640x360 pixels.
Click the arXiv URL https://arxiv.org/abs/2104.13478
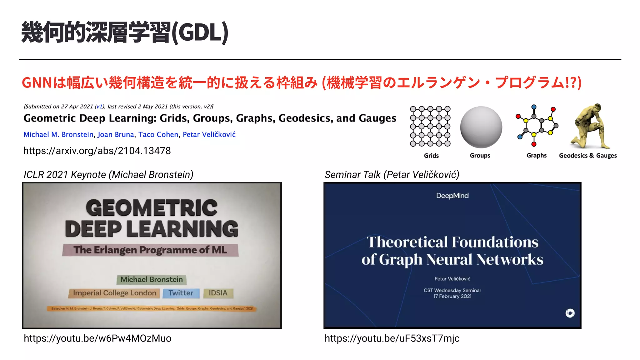(97, 151)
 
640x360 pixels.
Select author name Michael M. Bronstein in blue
(58, 135)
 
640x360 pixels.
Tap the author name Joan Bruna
(116, 135)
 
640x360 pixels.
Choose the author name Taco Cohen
(158, 135)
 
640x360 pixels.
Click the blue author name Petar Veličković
(209, 135)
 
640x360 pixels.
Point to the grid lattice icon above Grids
(430, 126)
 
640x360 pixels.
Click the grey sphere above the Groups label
(481, 127)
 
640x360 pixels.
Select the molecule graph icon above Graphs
(537, 126)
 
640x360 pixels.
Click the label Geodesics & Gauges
(588, 156)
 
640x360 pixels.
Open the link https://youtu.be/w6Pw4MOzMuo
(97, 338)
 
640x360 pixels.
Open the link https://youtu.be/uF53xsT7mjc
(392, 338)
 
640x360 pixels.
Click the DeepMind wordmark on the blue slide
(452, 196)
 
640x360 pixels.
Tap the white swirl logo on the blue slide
(570, 313)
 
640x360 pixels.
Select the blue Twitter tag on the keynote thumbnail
(181, 293)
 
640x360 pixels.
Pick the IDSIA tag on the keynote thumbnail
(218, 293)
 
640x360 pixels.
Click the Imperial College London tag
(114, 293)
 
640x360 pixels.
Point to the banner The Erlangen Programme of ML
(150, 250)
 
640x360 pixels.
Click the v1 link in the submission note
(99, 107)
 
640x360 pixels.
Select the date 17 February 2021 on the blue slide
(452, 296)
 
